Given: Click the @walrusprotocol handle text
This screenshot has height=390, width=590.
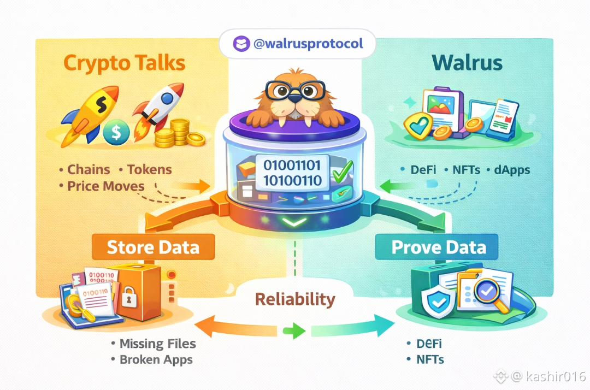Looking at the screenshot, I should pyautogui.click(x=308, y=44).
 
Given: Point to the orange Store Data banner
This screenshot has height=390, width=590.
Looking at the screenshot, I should pyautogui.click(x=153, y=247).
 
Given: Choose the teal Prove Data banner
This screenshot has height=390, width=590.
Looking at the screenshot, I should pyautogui.click(x=439, y=247).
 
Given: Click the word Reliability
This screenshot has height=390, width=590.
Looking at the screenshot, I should pyautogui.click(x=294, y=299).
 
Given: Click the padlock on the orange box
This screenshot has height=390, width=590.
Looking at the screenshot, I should pyautogui.click(x=128, y=298).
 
